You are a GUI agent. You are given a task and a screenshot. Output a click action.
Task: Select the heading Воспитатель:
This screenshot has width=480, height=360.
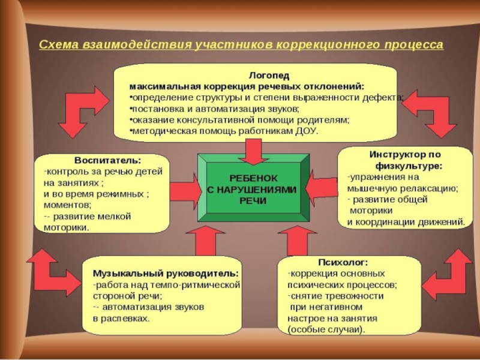click(108, 161)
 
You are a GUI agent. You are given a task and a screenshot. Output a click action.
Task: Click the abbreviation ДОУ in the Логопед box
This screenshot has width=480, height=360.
click(308, 131)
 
